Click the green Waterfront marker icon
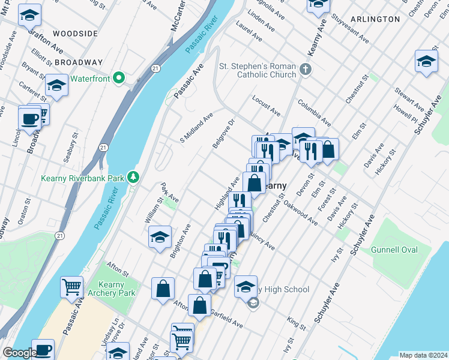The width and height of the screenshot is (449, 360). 119,78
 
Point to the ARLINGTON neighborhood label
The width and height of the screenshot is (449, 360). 375,19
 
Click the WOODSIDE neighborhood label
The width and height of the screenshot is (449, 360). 75,34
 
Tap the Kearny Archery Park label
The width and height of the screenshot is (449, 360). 115,288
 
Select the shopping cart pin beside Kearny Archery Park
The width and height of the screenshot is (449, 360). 71,287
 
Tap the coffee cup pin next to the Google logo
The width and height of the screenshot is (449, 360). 43,349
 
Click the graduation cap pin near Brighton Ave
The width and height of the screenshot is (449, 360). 160,237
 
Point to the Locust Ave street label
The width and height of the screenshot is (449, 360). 267,105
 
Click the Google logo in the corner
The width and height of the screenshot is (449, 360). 19,353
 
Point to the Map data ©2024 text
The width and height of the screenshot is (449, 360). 423,355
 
